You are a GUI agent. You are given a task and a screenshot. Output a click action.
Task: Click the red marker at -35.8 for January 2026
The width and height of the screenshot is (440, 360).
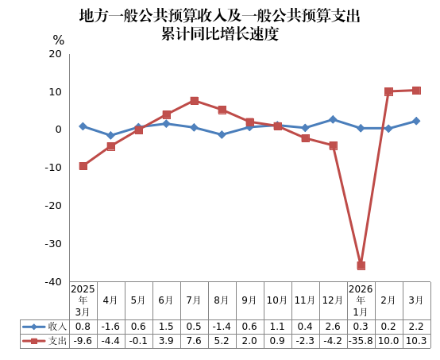pyautogui.click(x=361, y=265)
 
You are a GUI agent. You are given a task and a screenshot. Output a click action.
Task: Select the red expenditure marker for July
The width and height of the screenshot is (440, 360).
pyautogui.click(x=194, y=101)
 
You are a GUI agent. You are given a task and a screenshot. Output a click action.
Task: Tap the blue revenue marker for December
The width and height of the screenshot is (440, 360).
pyautogui.click(x=333, y=119)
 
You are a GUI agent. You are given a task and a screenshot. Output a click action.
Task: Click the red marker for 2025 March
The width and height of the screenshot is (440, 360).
pyautogui.click(x=83, y=166)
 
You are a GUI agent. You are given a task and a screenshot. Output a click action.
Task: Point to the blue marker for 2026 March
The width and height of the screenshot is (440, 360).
pyautogui.click(x=416, y=121)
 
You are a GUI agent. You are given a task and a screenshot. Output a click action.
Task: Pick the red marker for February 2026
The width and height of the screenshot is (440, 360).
pyautogui.click(x=388, y=91)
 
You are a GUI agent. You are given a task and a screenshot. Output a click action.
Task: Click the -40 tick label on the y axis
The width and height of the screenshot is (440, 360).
pyautogui.click(x=52, y=281)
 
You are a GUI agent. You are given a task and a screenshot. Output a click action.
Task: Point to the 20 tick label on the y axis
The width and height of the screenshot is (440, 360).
pyautogui.click(x=55, y=53)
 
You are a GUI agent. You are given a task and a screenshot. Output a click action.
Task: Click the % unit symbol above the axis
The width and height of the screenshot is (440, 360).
pyautogui.click(x=58, y=40)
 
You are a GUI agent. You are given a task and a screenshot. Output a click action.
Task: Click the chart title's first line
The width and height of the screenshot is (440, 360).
pyautogui.click(x=219, y=16)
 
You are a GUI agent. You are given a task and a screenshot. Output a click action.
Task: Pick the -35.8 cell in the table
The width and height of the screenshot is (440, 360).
pyautogui.click(x=361, y=340)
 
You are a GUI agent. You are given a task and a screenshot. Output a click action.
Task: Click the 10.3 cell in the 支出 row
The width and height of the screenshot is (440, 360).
pyautogui.click(x=416, y=340)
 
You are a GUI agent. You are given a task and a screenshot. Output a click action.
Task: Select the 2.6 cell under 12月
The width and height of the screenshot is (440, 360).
pyautogui.click(x=333, y=327)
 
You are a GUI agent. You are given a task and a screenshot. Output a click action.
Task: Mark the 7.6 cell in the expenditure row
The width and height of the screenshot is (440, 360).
pyautogui.click(x=194, y=340)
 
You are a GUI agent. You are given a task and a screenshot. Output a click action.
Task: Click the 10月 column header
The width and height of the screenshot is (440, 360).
pyautogui.click(x=277, y=300)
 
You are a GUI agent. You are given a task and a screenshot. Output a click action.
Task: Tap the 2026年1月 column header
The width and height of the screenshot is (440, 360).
pyautogui.click(x=361, y=300)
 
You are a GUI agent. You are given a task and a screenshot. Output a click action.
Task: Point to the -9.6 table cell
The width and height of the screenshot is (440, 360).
pyautogui.click(x=83, y=340)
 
